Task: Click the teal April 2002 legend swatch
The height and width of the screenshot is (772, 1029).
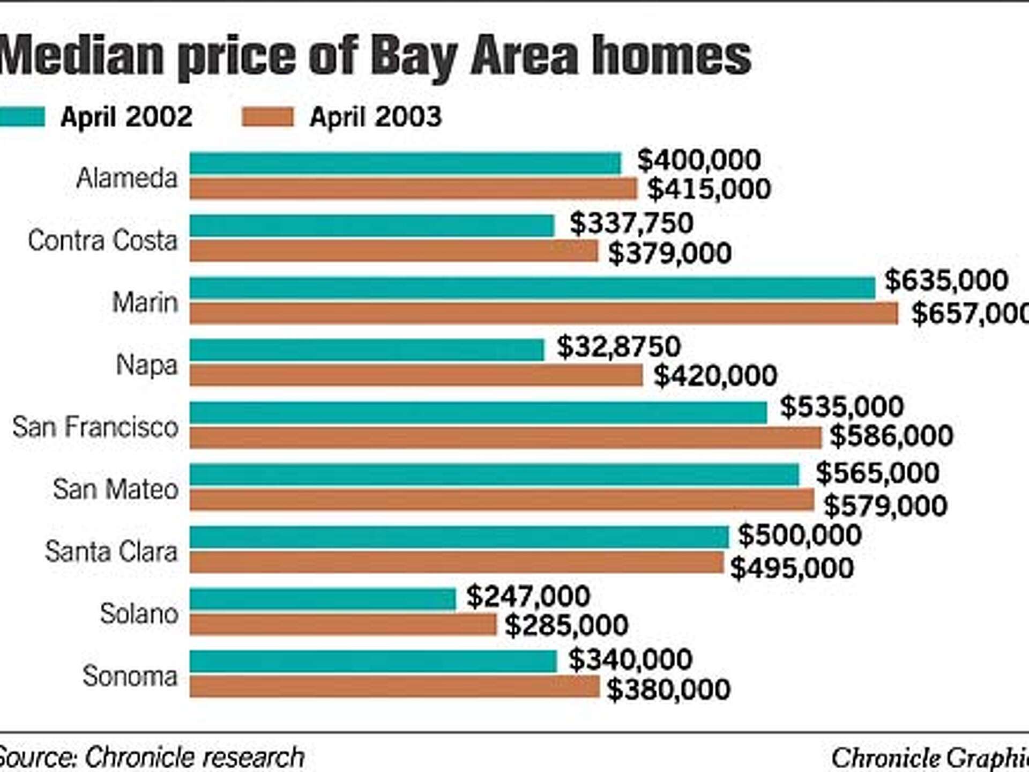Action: pyautogui.click(x=21, y=117)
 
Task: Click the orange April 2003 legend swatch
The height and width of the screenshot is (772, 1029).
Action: pyautogui.click(x=267, y=117)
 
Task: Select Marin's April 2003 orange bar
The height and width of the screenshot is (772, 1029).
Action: pyautogui.click(x=543, y=313)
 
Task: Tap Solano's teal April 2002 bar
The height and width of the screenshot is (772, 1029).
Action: pyautogui.click(x=323, y=599)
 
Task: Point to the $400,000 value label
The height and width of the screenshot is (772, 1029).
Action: pyautogui.click(x=698, y=160)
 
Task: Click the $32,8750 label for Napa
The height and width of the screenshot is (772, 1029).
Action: pyautogui.click(x=618, y=347)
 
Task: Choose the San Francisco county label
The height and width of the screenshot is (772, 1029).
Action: pyautogui.click(x=95, y=427)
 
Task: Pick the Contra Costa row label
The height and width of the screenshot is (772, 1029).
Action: pyautogui.click(x=102, y=240)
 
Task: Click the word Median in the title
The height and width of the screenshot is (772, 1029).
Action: pyautogui.click(x=80, y=56)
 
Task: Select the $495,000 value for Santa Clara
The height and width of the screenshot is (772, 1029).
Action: pyautogui.click(x=792, y=568)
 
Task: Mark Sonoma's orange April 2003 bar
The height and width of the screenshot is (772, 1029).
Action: pyautogui.click(x=394, y=687)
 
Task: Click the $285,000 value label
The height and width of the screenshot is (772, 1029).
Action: pyautogui.click(x=566, y=625)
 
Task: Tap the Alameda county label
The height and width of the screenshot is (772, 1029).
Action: pyautogui.click(x=126, y=178)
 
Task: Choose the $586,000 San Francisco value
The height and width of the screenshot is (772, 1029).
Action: pyautogui.click(x=891, y=436)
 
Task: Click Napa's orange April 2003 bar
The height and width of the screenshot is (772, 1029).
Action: pyautogui.click(x=416, y=375)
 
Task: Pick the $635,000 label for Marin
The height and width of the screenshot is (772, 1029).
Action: pyautogui.click(x=946, y=280)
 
